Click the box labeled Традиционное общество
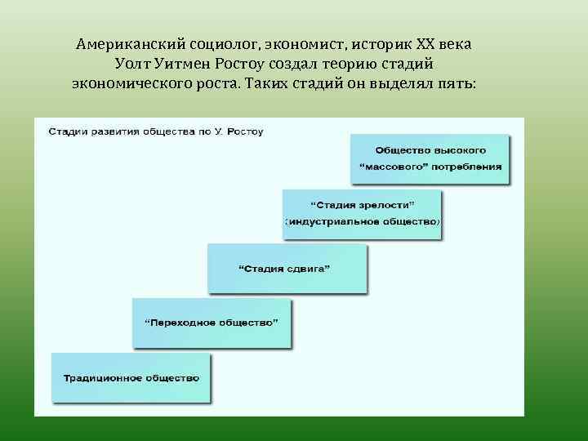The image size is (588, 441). [x=131, y=377]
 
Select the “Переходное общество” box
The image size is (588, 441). [x=212, y=323]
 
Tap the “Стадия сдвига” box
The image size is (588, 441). [x=287, y=269]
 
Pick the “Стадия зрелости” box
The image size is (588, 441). [x=362, y=214]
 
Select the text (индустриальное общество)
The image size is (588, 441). [x=362, y=222]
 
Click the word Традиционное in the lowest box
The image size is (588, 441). [x=100, y=377]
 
